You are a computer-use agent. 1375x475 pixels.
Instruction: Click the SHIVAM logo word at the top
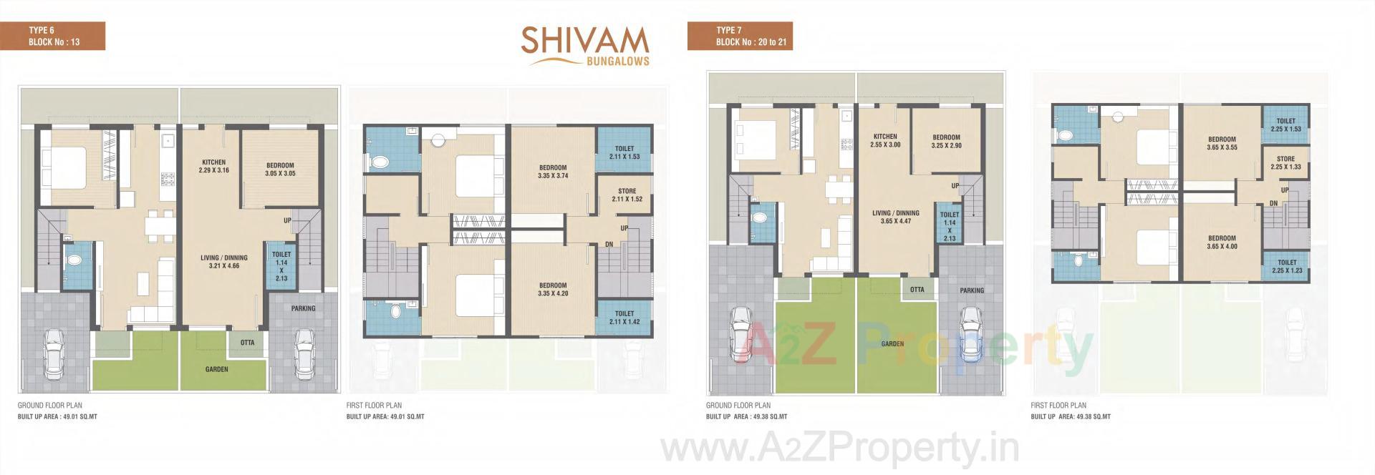[584, 41]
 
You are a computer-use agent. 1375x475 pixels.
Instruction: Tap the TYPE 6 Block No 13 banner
[53, 36]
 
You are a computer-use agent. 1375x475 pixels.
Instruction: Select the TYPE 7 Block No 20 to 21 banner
[740, 36]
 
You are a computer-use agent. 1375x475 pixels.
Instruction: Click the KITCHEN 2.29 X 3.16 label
[213, 167]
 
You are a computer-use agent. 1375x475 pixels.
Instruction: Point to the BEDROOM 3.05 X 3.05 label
[280, 170]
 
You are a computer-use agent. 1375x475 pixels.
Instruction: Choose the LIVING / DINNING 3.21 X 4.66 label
[223, 262]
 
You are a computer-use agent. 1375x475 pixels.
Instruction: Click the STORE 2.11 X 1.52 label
[627, 195]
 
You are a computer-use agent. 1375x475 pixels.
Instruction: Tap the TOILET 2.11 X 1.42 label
[624, 318]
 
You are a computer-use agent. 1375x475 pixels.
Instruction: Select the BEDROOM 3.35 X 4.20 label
[553, 290]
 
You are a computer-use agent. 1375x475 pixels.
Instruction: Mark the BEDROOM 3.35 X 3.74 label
[553, 172]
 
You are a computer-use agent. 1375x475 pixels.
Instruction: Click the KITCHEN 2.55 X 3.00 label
[885, 140]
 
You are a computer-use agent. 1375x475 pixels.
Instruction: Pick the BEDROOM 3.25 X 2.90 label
[946, 142]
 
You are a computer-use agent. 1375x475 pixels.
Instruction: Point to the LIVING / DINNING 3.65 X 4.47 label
[896, 217]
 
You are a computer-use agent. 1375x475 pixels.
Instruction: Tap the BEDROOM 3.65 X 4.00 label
[1222, 243]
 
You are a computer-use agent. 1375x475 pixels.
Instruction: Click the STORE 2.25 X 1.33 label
[1285, 163]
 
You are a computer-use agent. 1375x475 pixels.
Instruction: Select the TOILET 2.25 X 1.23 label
[1286, 267]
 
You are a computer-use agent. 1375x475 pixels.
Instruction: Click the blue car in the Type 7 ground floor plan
[971, 335]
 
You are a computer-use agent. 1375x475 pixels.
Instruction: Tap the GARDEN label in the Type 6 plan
[216, 369]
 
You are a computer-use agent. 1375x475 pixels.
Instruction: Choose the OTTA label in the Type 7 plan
[917, 290]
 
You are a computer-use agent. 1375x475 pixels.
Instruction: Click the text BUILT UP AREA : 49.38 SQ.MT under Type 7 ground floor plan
[746, 416]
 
